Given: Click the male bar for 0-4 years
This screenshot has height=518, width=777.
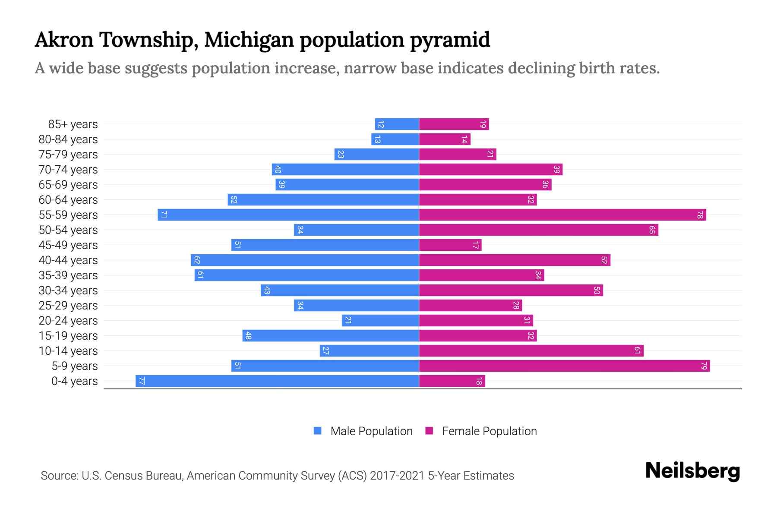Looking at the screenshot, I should click(277, 381).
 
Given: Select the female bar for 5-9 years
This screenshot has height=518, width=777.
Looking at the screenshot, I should click(564, 366).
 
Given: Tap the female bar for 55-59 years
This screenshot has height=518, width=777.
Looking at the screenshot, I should click(562, 215).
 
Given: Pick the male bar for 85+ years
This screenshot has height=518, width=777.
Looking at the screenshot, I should click(397, 124).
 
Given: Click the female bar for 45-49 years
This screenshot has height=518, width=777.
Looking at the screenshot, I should click(450, 245).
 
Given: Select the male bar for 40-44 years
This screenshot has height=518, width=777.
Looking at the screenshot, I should click(305, 260).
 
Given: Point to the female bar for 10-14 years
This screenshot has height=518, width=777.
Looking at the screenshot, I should click(531, 351).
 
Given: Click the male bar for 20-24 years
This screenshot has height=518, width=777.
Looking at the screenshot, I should click(380, 321).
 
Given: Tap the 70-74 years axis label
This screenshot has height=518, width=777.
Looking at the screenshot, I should click(68, 170).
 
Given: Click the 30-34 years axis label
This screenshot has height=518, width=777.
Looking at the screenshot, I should click(68, 291).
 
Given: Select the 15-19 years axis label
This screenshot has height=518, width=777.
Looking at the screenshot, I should click(68, 336).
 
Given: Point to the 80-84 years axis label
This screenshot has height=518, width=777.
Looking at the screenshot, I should click(68, 139).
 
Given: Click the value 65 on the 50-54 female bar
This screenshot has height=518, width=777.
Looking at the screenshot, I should click(652, 230).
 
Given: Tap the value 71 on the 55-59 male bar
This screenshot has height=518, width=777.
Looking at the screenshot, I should click(164, 215).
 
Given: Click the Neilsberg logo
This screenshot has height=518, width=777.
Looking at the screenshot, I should click(692, 471).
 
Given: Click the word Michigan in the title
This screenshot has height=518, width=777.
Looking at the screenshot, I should click(249, 40).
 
